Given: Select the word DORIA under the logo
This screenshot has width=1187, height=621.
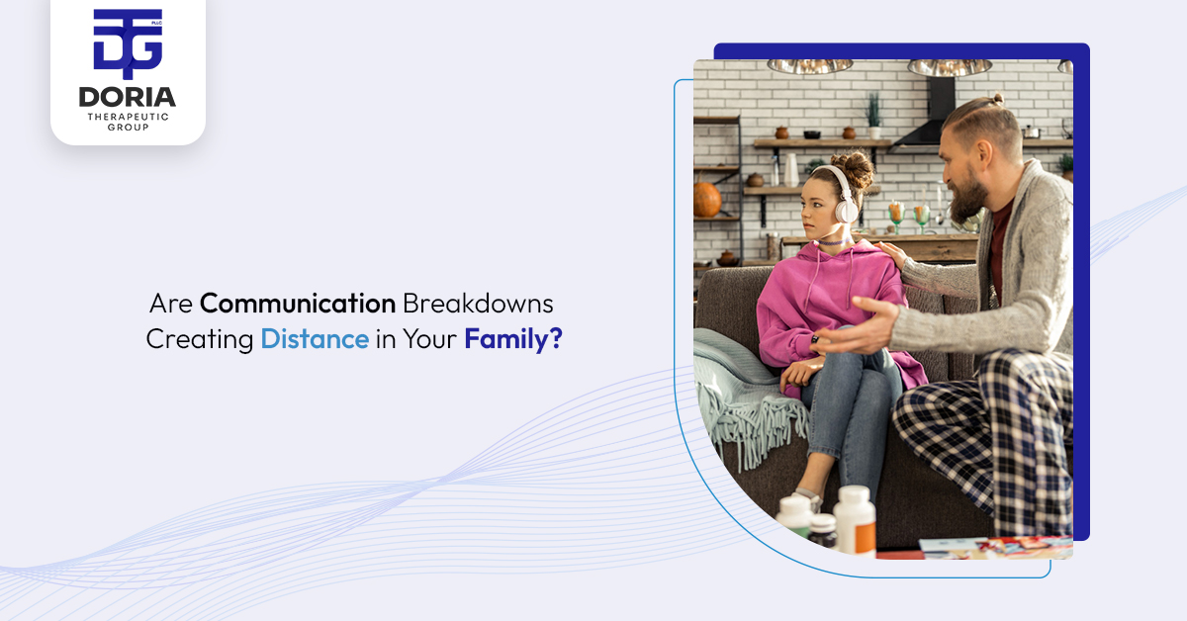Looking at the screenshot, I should point(128,97).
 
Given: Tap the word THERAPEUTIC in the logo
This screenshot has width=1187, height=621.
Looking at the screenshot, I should point(128,117).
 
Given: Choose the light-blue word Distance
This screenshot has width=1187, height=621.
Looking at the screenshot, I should point(315,339).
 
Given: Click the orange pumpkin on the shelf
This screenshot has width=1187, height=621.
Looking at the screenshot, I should point(707,200).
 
